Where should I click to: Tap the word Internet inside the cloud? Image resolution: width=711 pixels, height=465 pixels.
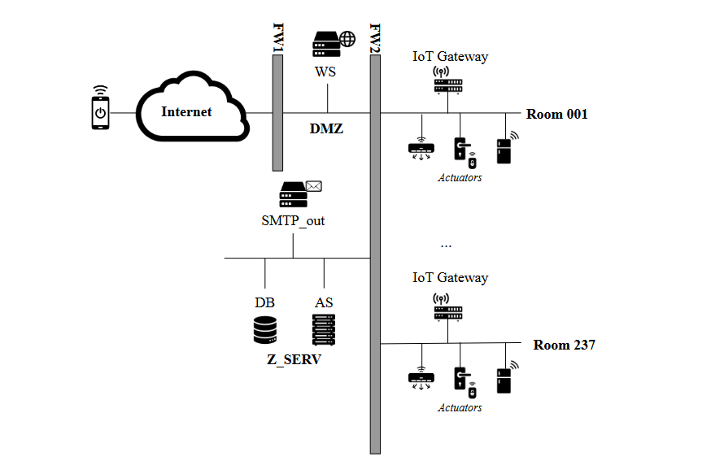click(186, 112)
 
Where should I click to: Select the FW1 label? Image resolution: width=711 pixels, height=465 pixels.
click(278, 37)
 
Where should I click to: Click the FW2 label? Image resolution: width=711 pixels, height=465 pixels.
click(375, 38)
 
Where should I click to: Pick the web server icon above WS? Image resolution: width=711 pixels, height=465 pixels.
click(334, 44)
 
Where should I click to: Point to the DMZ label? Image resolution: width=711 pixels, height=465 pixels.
click(326, 128)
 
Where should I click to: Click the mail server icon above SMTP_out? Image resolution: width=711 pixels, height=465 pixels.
click(300, 194)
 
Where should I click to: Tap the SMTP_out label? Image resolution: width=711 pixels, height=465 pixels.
click(293, 221)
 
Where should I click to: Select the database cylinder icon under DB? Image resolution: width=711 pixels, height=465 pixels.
click(265, 330)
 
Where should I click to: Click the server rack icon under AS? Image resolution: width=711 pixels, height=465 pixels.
click(324, 330)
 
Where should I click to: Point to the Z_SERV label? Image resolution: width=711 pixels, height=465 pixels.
click(294, 359)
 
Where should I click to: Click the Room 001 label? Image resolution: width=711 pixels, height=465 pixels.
click(556, 114)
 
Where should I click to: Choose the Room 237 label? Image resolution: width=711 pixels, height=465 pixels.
click(564, 345)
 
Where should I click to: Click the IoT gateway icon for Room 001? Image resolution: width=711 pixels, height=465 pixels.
click(448, 80)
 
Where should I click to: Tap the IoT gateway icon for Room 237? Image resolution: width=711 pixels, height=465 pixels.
click(448, 307)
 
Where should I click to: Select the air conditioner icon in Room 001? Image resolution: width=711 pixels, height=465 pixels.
click(421, 149)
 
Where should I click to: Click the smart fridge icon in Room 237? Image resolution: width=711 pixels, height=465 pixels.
click(507, 377)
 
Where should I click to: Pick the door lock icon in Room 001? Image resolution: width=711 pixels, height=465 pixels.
click(465, 152)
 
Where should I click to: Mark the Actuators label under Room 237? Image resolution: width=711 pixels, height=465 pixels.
click(460, 408)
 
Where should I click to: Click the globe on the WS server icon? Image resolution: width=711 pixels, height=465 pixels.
click(347, 39)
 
